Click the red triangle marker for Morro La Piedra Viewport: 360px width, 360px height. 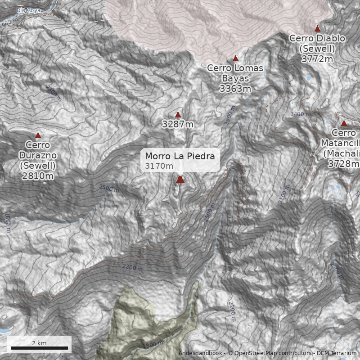pyautogui.click(x=180, y=180)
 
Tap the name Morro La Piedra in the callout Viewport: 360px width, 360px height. pyautogui.click(x=183, y=157)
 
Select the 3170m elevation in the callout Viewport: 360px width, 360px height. pyautogui.click(x=159, y=166)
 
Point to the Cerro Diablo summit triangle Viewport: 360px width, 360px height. pyautogui.click(x=317, y=28)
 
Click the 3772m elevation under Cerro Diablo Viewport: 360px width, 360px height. pyautogui.click(x=317, y=59)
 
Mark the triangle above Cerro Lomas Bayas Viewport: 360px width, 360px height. pyautogui.click(x=235, y=58)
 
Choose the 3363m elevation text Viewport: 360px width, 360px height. pyautogui.click(x=235, y=89)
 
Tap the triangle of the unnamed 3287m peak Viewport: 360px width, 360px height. pyautogui.click(x=178, y=115)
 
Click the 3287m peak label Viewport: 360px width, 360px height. pyautogui.click(x=178, y=125)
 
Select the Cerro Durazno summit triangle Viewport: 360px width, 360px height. pyautogui.click(x=38, y=135)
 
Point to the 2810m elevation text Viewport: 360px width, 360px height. pyautogui.click(x=38, y=176)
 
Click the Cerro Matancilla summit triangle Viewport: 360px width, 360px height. pyautogui.click(x=344, y=123)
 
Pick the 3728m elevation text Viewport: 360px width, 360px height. pyautogui.click(x=343, y=164)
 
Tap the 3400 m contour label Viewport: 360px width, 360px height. pyautogui.click(x=300, y=114)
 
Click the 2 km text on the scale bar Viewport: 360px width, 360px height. pyautogui.click(x=39, y=343)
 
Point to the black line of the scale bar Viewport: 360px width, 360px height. pyautogui.click(x=39, y=348)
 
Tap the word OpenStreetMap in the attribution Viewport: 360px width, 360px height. pyautogui.click(x=256, y=354)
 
